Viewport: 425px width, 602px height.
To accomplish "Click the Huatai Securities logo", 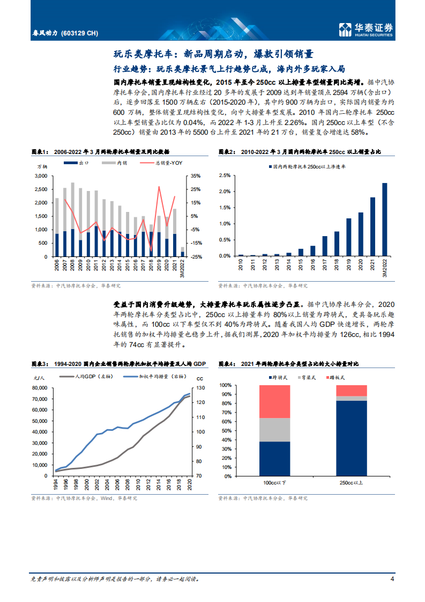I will point(367,30).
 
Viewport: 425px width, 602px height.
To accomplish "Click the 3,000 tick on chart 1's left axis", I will point(41,176).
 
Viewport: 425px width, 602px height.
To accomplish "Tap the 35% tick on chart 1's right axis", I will point(196,176).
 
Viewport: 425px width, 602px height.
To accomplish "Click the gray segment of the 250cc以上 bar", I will point(352,398).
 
